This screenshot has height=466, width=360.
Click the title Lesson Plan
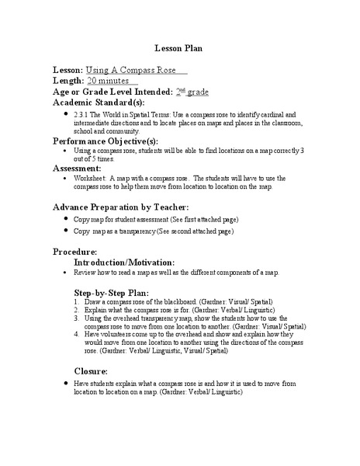pos(179,47)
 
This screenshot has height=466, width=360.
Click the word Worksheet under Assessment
pos(92,178)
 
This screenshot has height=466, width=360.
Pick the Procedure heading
pos(74,252)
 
